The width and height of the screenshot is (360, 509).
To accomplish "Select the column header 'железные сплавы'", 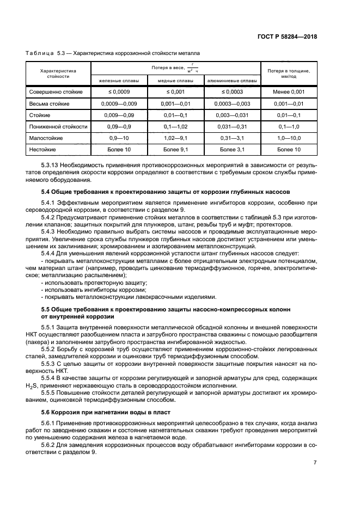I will [x=118, y=81].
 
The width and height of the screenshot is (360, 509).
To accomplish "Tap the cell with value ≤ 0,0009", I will [x=118, y=92].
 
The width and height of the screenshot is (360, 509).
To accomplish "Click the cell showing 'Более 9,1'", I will [x=175, y=149].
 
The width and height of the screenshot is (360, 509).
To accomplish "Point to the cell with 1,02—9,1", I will [x=175, y=138].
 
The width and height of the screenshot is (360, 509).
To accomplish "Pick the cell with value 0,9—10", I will [x=118, y=138].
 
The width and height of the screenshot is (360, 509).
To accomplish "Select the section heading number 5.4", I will [x=46, y=192].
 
